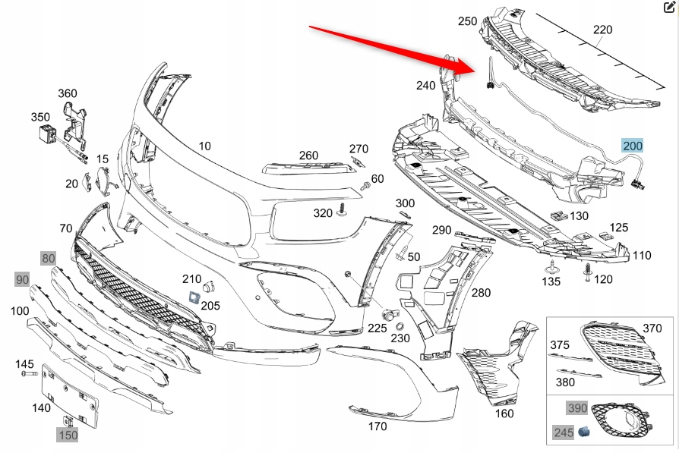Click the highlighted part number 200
coord(633,146)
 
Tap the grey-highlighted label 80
coord(49,258)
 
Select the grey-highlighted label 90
coord(21,279)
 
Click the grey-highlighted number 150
coord(68,435)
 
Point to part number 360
coord(68,93)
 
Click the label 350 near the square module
coord(40,118)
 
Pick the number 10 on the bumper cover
coord(205,146)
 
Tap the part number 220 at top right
coord(602,30)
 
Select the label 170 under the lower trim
coord(377,426)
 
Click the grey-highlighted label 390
coord(578,408)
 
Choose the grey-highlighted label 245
coord(563,433)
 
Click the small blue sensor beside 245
coord(585,432)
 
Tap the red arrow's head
coord(472,66)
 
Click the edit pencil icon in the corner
coord(669,8)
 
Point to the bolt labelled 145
coord(28,375)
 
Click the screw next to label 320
coord(343,209)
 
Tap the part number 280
coord(481,292)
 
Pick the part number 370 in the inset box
coord(652,328)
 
